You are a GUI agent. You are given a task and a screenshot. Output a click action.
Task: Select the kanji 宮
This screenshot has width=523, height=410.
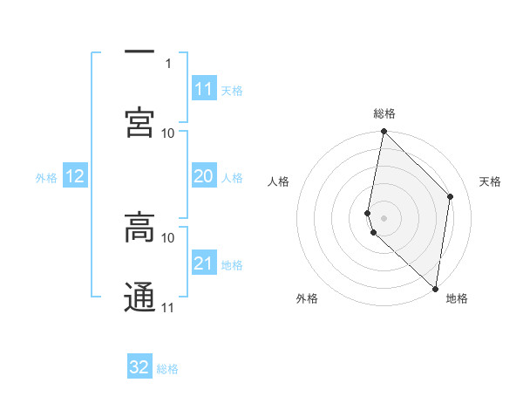click(139, 122)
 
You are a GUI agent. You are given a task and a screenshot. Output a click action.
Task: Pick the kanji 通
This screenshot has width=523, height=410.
click(139, 297)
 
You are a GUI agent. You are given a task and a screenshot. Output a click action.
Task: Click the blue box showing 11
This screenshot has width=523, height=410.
click(204, 89)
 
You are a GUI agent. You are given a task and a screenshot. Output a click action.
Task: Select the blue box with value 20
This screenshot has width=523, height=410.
click(204, 176)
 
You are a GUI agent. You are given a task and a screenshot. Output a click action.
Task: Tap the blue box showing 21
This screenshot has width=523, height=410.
click(204, 263)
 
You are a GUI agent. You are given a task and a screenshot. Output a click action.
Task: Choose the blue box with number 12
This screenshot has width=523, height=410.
click(75, 176)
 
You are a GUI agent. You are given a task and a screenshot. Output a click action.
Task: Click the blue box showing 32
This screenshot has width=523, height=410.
click(139, 367)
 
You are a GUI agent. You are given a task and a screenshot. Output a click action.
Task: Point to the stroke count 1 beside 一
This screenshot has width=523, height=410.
click(168, 63)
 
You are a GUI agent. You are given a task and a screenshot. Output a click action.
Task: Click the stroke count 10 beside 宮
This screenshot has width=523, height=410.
click(168, 133)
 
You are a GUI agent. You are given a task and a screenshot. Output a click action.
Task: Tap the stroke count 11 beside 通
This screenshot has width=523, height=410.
click(168, 307)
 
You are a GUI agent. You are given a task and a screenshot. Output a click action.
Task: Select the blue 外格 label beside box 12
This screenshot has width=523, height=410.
click(46, 178)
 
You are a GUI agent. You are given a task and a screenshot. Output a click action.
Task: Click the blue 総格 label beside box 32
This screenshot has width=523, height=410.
click(167, 369)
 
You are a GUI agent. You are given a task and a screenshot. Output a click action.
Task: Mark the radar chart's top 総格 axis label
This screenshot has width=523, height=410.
click(384, 113)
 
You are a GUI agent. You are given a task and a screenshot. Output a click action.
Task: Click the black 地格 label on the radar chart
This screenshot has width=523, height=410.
click(457, 298)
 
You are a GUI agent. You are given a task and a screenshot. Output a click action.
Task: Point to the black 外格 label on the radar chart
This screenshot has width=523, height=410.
click(307, 298)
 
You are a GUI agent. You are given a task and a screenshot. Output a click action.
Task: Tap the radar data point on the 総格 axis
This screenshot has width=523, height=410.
click(384, 132)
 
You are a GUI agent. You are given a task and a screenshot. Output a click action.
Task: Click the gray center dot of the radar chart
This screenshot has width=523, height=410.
click(384, 217)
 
